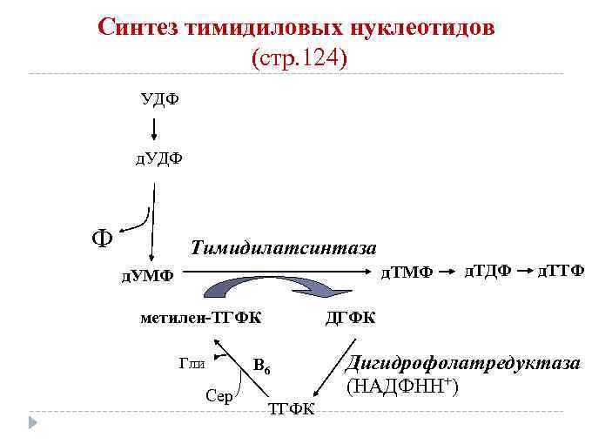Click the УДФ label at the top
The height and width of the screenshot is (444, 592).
[x=160, y=98]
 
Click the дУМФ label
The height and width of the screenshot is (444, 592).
[x=146, y=276]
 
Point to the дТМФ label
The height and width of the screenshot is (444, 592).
[x=406, y=272]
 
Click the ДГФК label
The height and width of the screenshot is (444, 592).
[x=351, y=317]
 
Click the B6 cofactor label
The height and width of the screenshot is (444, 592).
[x=263, y=366]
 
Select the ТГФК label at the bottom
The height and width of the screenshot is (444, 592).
[x=291, y=409]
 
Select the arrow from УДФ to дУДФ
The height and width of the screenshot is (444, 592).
[x=154, y=128]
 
